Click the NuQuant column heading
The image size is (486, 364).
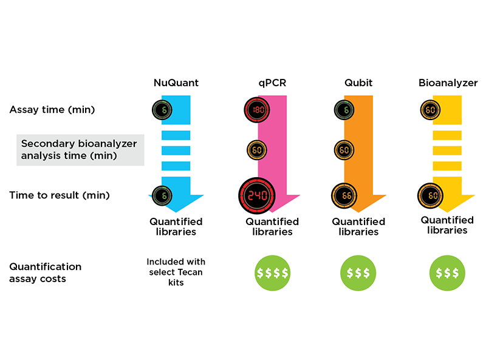(x=176, y=83)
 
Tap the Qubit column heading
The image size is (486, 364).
(x=358, y=83)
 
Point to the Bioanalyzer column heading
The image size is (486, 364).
(x=448, y=83)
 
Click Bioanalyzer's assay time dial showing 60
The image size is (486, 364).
(x=430, y=110)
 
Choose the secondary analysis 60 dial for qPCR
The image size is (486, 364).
(x=256, y=149)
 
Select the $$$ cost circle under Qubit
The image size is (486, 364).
(x=358, y=272)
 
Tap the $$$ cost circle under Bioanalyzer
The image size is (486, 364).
(x=448, y=272)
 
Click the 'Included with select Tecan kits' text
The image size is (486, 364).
(x=176, y=272)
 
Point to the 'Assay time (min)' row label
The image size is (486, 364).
(x=52, y=110)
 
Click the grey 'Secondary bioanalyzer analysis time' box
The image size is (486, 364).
(x=80, y=150)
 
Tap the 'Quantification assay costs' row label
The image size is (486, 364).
(x=46, y=272)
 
